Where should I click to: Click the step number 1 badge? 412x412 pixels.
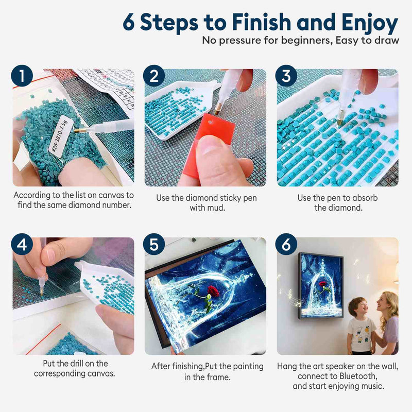coord(22,76)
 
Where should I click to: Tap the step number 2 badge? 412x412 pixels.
coord(154,76)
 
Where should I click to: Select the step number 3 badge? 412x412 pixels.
coord(286,76)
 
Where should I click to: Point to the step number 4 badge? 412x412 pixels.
coord(22,244)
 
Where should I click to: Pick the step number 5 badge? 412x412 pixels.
coord(154,244)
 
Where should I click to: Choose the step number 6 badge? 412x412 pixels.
coord(286,244)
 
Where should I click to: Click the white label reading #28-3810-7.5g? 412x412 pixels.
coord(59,136)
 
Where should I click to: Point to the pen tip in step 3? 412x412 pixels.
coord(340,121)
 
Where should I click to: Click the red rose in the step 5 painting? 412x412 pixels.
coord(213,291)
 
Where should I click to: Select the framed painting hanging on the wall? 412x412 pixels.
coord(320,285)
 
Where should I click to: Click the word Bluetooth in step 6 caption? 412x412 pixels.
coord(358,376)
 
